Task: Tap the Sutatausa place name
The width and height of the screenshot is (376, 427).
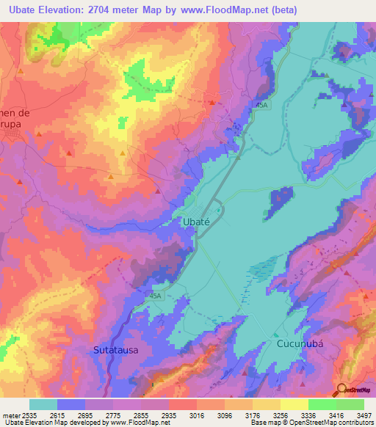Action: tap(115, 351)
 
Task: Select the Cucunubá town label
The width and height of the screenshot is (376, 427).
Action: tap(300, 343)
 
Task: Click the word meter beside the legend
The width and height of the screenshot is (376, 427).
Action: tap(10, 415)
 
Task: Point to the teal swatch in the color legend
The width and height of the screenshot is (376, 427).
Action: tap(43, 404)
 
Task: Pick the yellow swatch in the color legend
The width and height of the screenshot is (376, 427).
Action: tap(294, 404)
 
